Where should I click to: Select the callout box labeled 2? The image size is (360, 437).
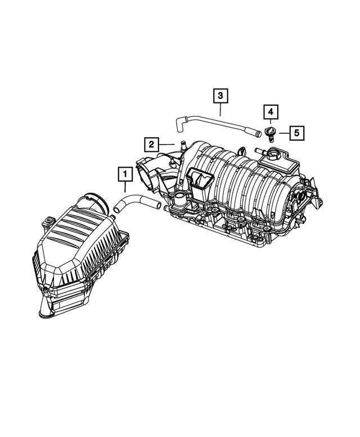click(151, 145)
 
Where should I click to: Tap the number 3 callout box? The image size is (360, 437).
click(221, 96)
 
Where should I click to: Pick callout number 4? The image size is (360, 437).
click(271, 111)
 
